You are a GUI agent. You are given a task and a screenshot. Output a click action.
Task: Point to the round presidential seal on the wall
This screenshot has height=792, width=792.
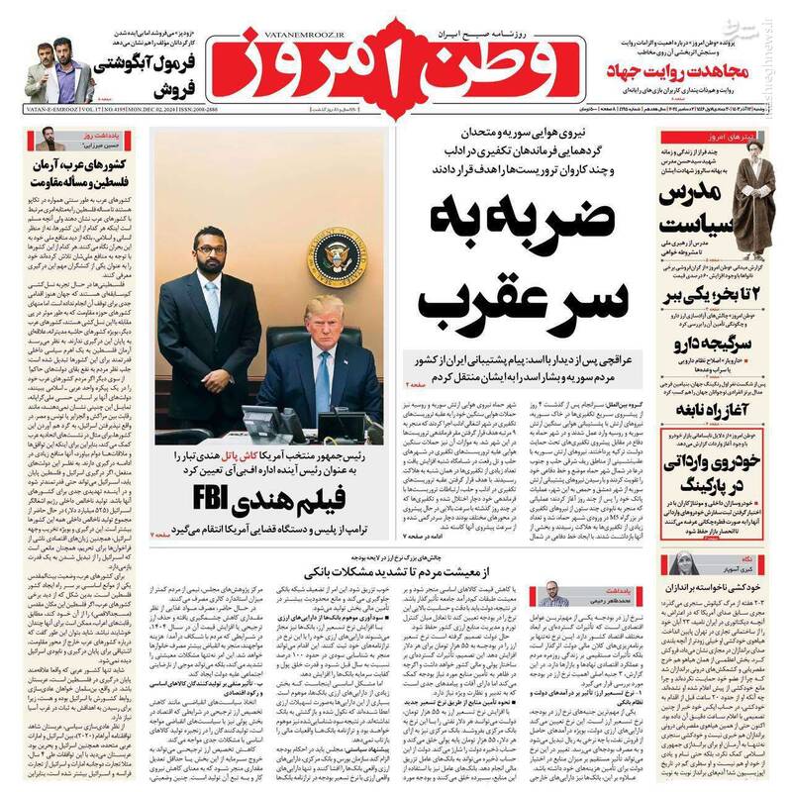[x=337, y=254]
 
